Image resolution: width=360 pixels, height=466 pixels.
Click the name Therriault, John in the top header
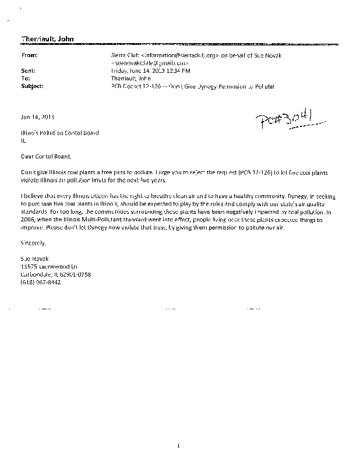coord(48,39)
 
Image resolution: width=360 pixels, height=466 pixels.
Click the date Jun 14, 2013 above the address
coord(37,116)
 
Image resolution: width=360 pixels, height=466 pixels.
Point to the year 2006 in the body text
coord(27,212)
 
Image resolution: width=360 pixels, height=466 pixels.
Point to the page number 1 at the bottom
coord(180,446)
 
